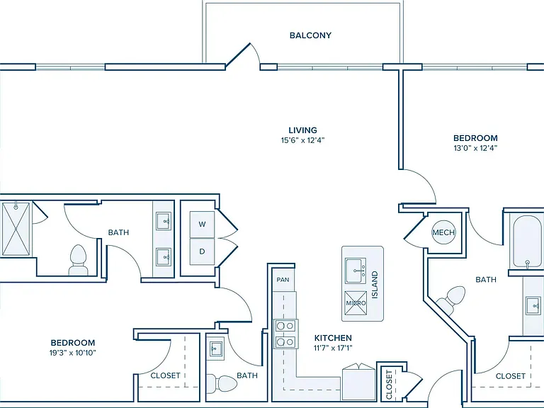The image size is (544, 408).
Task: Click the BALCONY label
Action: point(310,35)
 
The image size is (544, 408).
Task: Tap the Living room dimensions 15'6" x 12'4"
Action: point(303,140)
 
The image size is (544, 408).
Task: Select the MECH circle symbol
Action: point(443,232)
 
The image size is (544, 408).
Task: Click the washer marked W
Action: point(203,224)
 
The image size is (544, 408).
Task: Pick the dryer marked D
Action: point(203,251)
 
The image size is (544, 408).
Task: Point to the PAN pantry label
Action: point(283,280)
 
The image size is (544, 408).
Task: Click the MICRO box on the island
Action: point(356,303)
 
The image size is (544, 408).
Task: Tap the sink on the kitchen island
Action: point(356,271)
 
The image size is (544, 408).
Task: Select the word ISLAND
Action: point(375,285)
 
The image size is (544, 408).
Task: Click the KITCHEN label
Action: point(333,338)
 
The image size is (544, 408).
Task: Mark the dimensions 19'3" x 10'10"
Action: point(72,353)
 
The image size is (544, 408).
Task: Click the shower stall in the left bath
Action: point(16,229)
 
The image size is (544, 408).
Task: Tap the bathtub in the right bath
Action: point(526,242)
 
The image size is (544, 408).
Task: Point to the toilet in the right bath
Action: point(451,299)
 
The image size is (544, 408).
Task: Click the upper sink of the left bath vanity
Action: point(163,221)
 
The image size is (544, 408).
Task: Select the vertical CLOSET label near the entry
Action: point(389,385)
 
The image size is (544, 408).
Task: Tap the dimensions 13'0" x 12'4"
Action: point(475,148)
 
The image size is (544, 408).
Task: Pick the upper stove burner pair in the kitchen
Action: point(285,326)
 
